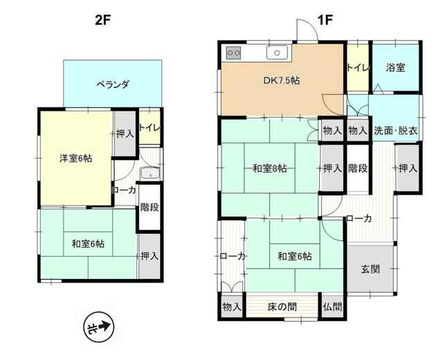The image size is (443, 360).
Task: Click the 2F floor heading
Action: click(102, 20)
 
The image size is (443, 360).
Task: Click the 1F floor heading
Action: click(325, 20)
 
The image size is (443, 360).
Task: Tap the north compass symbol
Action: click(98, 327)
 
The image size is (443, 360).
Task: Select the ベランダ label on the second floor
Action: click(113, 84)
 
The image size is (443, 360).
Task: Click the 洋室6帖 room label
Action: click(75, 159)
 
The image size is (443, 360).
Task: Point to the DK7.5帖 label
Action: click(282, 80)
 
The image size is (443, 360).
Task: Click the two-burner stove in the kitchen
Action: click(233, 53)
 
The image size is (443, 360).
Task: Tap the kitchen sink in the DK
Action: click(277, 53)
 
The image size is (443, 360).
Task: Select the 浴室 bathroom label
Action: click(395, 68)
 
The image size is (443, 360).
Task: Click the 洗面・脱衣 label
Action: click(396, 131)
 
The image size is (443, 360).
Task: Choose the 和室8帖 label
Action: click(269, 169)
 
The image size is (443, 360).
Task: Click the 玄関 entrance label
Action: click(370, 269)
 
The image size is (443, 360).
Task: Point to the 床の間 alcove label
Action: click(282, 307)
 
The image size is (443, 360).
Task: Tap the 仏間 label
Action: click(333, 307)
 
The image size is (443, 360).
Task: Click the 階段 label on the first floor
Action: click(358, 168)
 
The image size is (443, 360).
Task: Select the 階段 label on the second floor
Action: click(150, 208)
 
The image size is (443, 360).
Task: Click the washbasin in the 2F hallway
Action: click(151, 173)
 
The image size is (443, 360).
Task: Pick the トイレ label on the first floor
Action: click(358, 68)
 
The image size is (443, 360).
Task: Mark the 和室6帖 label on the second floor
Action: click(88, 244)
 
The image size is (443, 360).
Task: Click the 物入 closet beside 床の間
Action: click(232, 307)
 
